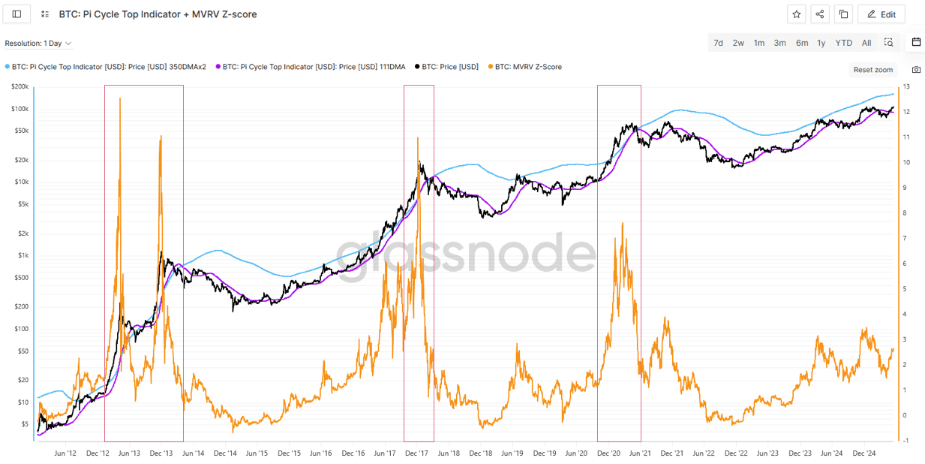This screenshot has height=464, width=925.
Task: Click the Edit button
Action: click(x=881, y=14)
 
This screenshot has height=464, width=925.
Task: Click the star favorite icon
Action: click(x=797, y=14)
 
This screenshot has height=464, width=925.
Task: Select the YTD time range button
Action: click(x=844, y=43)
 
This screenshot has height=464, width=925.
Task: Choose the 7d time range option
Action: click(x=718, y=43)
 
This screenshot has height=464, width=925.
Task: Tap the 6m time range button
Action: click(x=802, y=43)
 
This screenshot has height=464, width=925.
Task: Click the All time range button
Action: click(x=866, y=43)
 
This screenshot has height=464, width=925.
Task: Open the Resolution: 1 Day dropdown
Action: click(x=38, y=44)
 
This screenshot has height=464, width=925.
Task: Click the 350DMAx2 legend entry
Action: click(x=109, y=67)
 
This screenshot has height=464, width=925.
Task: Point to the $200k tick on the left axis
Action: click(x=20, y=87)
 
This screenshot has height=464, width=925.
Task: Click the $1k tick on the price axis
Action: click(x=24, y=255)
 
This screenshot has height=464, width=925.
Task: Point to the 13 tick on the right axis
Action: click(x=906, y=87)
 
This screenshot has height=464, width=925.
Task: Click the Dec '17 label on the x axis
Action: click(x=416, y=453)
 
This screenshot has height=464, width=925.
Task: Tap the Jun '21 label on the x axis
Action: click(x=640, y=453)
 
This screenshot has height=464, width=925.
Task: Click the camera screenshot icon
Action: click(x=916, y=70)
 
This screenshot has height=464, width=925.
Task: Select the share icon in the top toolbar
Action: click(x=820, y=14)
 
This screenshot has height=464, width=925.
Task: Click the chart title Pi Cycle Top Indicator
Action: click(x=158, y=14)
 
